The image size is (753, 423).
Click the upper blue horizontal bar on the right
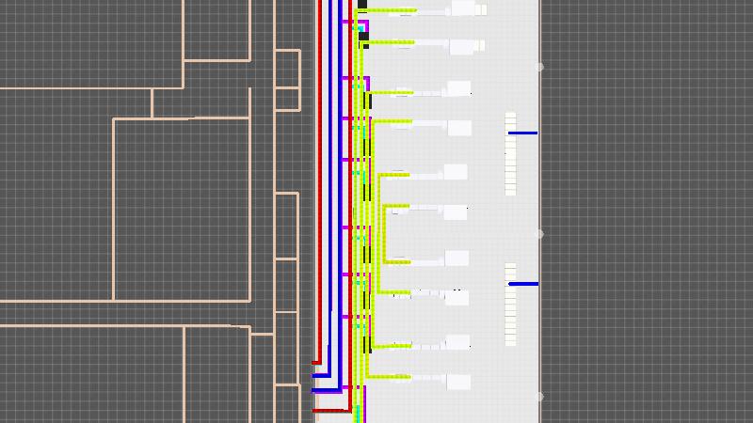coord(523,133)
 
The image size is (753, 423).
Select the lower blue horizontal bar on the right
coord(523,283)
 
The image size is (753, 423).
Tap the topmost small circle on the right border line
coord(539,67)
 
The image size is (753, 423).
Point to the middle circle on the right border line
coord(539,233)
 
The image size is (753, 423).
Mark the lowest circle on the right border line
coord(539,396)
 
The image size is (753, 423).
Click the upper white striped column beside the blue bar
coord(510,154)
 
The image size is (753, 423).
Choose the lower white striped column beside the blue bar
coord(510,305)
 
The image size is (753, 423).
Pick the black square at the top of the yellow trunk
coord(362,5)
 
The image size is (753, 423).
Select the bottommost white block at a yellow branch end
coord(458,382)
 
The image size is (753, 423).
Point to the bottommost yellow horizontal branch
coord(388,377)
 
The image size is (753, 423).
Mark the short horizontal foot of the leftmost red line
coord(316,362)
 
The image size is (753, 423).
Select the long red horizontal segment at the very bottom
coord(331,410)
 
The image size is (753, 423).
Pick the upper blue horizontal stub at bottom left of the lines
coord(320,375)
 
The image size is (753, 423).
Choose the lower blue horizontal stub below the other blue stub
coord(326,390)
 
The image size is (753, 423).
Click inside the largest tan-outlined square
coord(181,209)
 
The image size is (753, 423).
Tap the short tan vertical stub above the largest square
coord(152,103)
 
